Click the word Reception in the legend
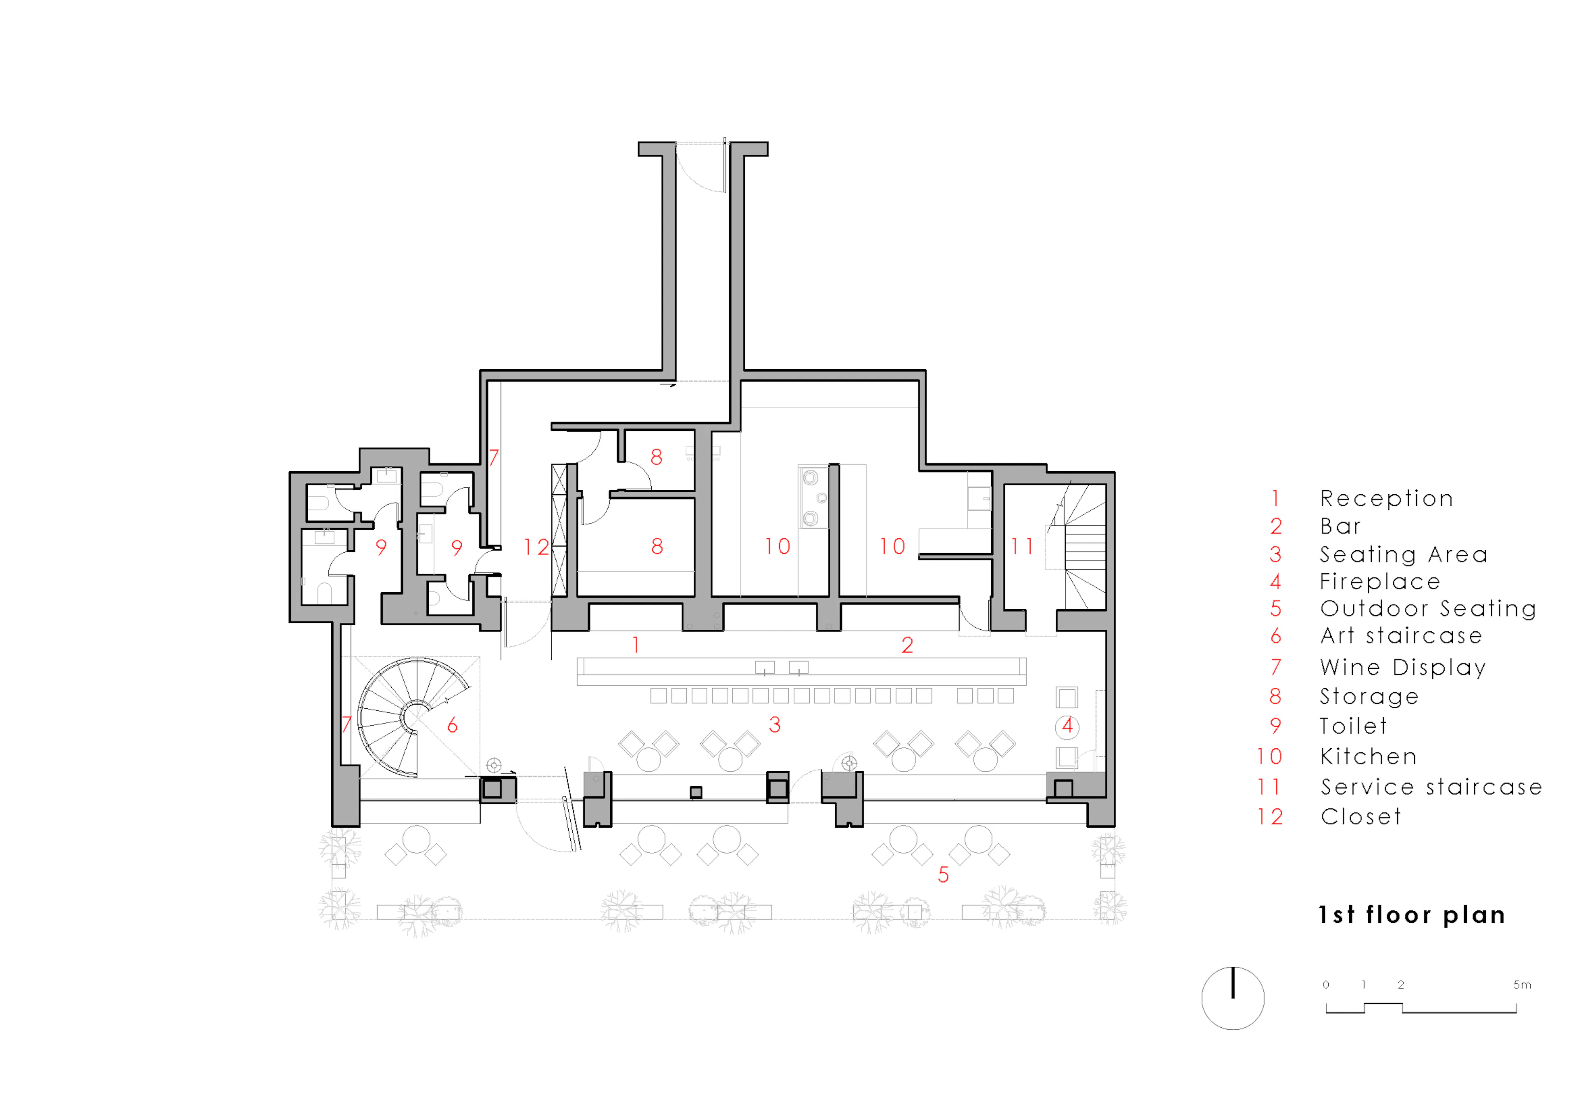pos(1386,498)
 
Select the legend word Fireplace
pos(1380,582)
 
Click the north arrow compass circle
pos(1232,998)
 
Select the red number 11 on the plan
pos(1022,547)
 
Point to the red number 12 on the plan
pos(536,547)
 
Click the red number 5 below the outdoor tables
pos(943,875)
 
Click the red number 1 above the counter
pos(636,645)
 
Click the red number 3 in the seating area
pos(775,725)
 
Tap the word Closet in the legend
pos(1360,817)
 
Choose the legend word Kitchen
pos(1368,757)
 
